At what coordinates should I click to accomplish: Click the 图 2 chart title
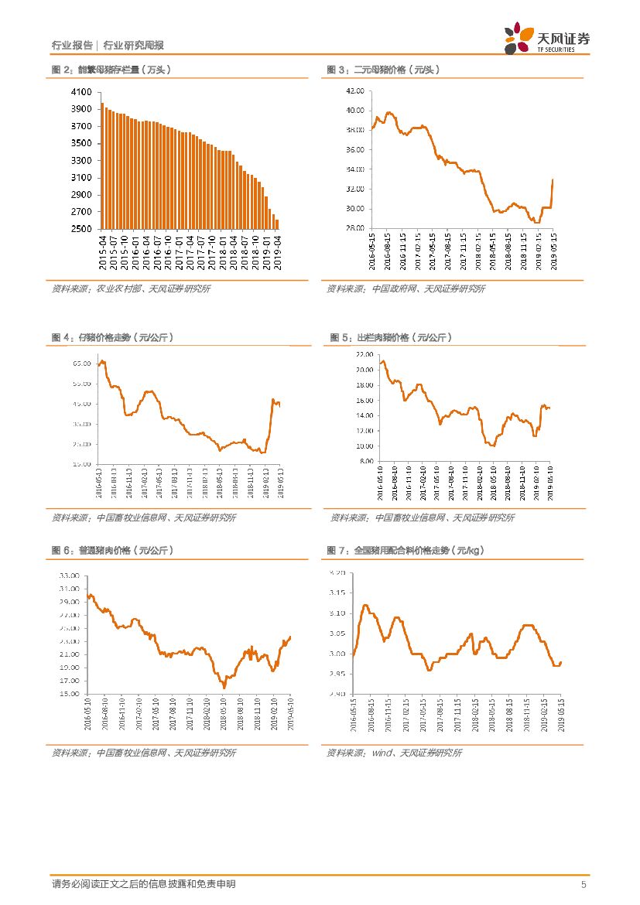coord(111,70)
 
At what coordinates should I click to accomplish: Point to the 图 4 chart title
coord(112,338)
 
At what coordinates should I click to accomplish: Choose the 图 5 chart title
coord(391,338)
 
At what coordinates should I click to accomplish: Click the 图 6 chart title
coord(112,550)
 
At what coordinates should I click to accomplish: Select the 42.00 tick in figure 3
coord(355,90)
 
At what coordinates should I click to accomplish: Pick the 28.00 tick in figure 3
coord(355,228)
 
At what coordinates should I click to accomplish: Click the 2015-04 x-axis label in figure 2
coord(104,253)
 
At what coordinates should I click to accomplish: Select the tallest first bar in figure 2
coord(102,166)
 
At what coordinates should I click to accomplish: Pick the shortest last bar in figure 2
coord(277,224)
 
